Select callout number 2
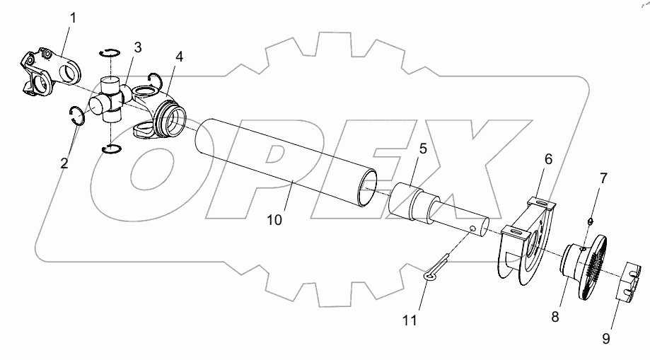point(64,163)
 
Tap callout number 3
point(137,47)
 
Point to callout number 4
point(180,56)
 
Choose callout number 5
point(422,149)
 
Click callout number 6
point(547,161)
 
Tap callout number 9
point(607,339)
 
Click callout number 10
point(274,220)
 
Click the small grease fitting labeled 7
point(589,221)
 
